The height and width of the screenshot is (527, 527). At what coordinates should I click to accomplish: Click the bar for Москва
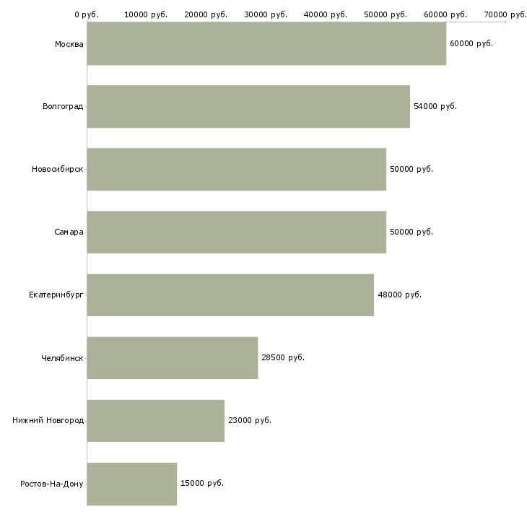[266, 44]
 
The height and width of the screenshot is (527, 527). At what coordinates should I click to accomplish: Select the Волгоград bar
[248, 107]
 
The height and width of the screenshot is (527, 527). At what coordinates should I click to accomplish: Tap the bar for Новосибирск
[237, 170]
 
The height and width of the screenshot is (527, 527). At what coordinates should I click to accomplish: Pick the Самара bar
[237, 232]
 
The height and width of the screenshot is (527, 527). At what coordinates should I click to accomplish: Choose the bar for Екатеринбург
[230, 295]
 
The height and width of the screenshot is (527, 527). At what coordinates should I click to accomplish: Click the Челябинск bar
[173, 358]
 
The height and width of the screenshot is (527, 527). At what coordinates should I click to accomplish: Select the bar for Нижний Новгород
[156, 421]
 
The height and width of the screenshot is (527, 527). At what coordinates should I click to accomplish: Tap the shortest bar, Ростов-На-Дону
[132, 484]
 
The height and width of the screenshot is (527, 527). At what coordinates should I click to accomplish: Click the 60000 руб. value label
[471, 44]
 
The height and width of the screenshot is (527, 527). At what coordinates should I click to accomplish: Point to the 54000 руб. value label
[435, 107]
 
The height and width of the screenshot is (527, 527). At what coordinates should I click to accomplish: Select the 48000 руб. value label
[399, 295]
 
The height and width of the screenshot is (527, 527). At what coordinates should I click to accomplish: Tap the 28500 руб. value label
[282, 358]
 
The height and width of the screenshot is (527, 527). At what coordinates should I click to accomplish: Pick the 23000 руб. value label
[249, 421]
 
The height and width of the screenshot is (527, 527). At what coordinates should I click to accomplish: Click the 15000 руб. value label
[201, 484]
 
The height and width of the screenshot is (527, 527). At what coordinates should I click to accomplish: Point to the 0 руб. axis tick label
[87, 14]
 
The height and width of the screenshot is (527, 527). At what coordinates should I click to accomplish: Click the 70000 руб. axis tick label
[505, 14]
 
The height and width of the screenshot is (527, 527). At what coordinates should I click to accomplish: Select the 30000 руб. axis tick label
[266, 14]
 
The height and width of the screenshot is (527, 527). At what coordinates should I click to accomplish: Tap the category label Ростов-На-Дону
[52, 484]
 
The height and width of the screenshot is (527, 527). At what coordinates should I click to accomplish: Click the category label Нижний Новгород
[48, 421]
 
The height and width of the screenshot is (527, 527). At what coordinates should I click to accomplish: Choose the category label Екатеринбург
[56, 295]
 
